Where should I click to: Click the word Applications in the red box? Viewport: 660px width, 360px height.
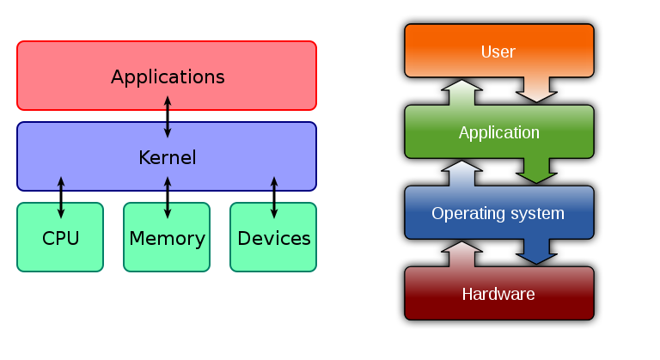168,76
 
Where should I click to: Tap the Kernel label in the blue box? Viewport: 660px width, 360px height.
167,158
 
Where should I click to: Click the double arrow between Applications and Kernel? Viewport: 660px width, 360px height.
168,116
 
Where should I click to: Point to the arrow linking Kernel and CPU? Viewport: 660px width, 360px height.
61,197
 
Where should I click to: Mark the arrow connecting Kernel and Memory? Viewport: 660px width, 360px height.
168,197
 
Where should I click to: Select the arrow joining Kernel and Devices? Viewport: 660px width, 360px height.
274,197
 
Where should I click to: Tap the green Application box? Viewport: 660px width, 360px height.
498,132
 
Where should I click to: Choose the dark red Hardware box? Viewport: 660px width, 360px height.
498,295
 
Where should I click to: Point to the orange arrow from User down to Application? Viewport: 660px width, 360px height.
536,88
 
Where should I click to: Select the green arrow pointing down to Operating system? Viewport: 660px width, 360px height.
537,169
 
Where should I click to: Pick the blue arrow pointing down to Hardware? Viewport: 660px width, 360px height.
537,250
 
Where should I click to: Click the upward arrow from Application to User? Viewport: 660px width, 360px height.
462,93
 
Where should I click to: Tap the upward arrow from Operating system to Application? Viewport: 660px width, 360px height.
462,174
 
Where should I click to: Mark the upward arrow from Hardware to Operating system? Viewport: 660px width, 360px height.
462,254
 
